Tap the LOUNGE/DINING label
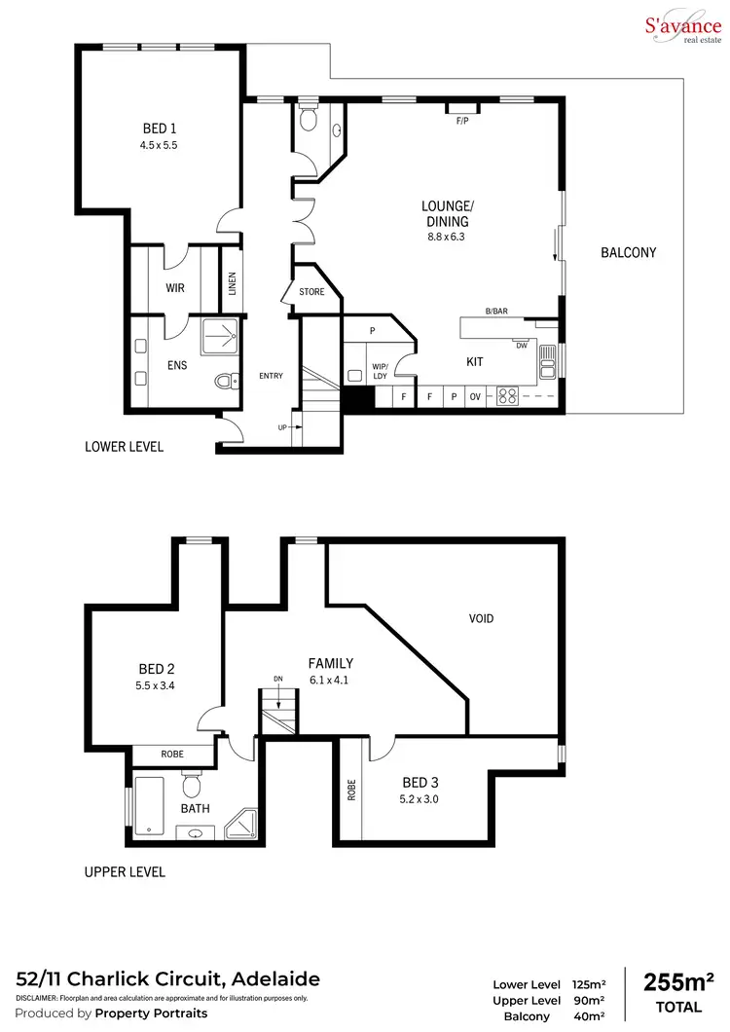(x=447, y=213)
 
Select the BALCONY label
(x=628, y=252)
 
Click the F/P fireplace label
(x=461, y=121)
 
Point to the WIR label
(x=175, y=288)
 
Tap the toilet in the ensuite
(x=227, y=381)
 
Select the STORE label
(x=311, y=291)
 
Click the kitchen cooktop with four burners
(x=507, y=396)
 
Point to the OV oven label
(x=476, y=397)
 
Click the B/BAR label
(x=496, y=312)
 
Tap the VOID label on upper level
(x=482, y=618)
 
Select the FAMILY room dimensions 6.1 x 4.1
(x=330, y=681)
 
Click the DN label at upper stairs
(x=277, y=679)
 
